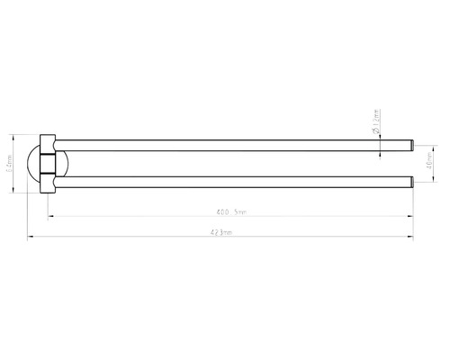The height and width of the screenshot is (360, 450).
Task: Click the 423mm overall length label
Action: [x=222, y=232]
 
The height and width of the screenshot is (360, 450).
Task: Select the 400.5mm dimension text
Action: [x=230, y=211]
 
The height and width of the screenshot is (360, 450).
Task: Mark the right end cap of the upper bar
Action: [x=410, y=143]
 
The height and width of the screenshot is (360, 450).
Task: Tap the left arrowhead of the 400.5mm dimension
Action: [x=50, y=217]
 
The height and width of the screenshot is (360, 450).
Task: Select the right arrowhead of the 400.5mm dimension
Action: [x=411, y=217]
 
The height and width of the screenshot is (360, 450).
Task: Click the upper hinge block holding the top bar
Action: [x=52, y=144]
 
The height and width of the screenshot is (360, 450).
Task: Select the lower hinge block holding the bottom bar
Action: [x=52, y=183]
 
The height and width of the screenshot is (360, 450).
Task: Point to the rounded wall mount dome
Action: [x=40, y=164]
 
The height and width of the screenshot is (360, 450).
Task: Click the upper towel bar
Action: [x=225, y=143]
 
